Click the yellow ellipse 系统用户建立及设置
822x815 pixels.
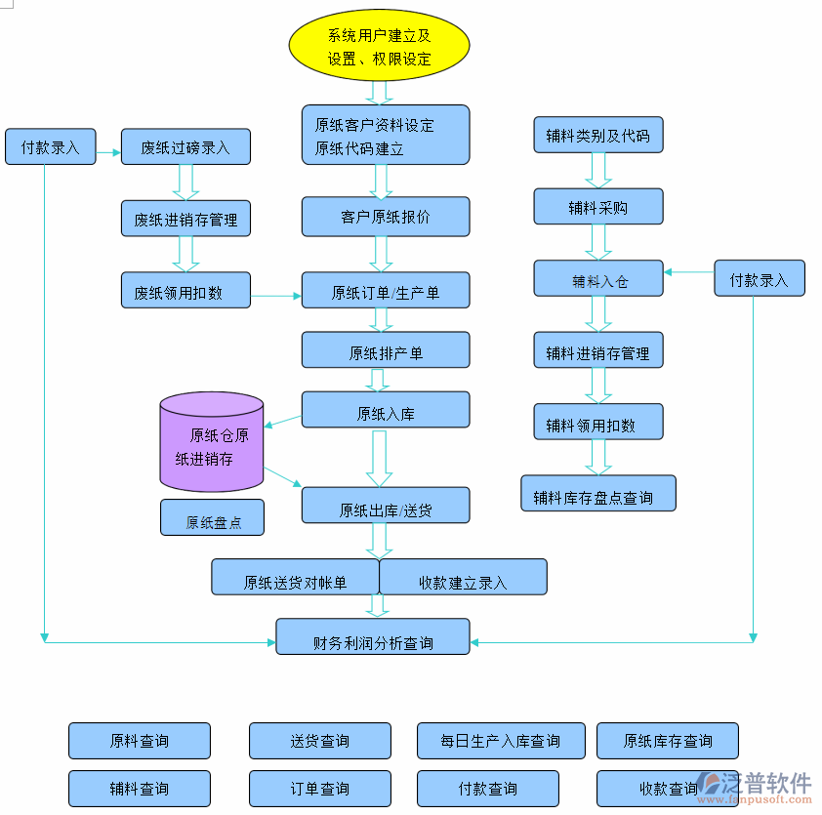click(x=379, y=47)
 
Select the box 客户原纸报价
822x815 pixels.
click(x=385, y=217)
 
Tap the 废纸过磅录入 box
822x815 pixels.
click(x=185, y=147)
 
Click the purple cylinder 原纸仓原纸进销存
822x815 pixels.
click(x=212, y=442)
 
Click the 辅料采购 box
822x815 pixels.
click(x=597, y=207)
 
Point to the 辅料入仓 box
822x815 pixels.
click(x=597, y=279)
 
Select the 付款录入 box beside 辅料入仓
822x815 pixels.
click(x=759, y=279)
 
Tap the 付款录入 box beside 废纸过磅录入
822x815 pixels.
click(x=50, y=147)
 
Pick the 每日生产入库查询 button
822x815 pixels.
click(x=501, y=741)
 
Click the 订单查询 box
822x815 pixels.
click(x=319, y=789)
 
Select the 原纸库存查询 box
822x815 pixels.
click(x=667, y=741)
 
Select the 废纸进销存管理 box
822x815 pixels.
click(x=185, y=219)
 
